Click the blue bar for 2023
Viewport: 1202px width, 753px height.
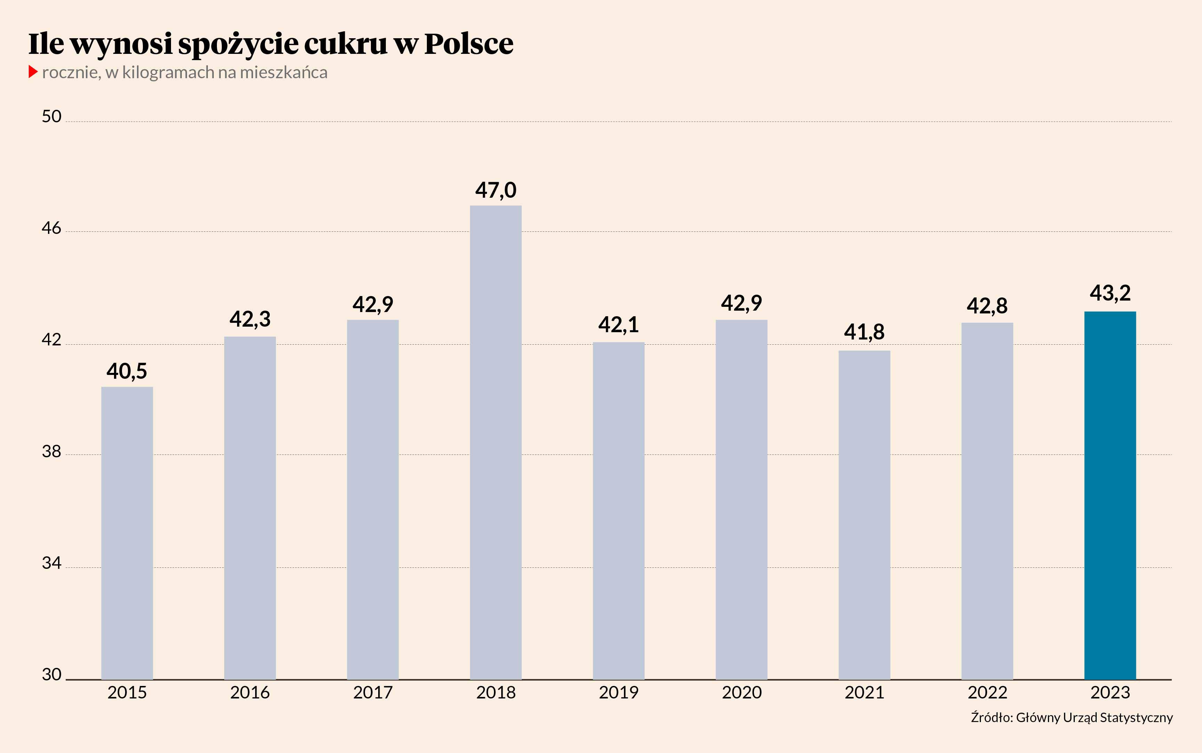1110,496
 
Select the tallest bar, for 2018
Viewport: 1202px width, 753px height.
496,442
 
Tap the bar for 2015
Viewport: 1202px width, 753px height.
127,533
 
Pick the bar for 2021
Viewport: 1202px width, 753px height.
864,515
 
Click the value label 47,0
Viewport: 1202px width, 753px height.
496,190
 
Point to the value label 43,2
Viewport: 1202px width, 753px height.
1110,293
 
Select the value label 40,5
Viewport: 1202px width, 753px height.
127,371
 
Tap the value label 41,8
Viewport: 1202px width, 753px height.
864,332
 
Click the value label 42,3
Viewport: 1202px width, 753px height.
250,319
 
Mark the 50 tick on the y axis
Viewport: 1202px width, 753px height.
51,116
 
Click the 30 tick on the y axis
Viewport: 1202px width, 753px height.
51,674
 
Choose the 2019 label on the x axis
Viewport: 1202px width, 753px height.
619,692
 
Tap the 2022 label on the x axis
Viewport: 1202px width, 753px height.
987,692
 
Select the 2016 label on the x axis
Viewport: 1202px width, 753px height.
250,692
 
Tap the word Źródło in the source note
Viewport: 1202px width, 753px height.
991,717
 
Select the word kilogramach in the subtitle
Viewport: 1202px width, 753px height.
168,73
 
